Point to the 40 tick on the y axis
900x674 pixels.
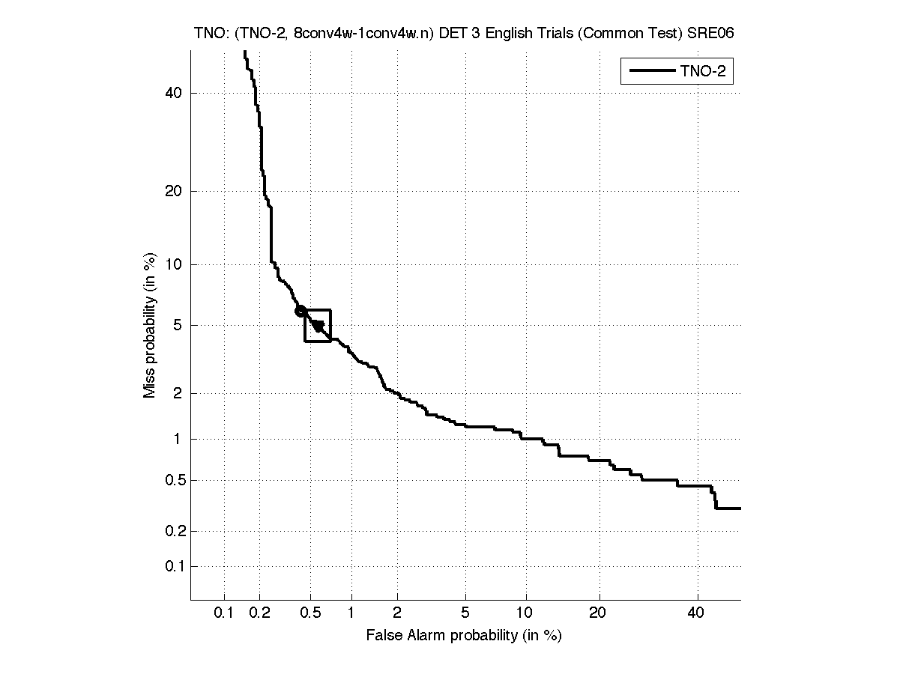click(x=175, y=93)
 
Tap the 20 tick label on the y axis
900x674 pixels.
click(x=175, y=191)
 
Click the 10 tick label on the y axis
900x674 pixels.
click(x=175, y=264)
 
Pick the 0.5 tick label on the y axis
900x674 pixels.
click(x=172, y=480)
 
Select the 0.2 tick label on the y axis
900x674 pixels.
click(x=172, y=532)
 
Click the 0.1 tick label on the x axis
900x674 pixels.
click(x=225, y=613)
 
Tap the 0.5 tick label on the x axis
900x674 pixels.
click(x=310, y=613)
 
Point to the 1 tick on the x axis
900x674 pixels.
click(x=351, y=613)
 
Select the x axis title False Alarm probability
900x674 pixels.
click(x=463, y=636)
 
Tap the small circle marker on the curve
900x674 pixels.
click(x=300, y=311)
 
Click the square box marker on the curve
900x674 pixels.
click(x=318, y=326)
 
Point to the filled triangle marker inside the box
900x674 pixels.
click(x=318, y=326)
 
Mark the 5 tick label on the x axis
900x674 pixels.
click(x=466, y=613)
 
